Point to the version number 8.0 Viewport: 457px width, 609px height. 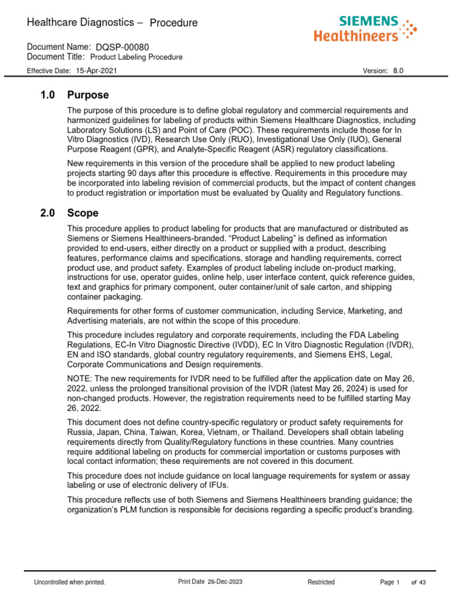tap(398, 70)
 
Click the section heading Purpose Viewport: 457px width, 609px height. tap(88, 95)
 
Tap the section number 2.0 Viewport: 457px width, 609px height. tap(46, 213)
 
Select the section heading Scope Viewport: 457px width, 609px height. tap(83, 213)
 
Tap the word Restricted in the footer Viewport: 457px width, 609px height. tap(321, 582)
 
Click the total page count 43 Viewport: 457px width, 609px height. tap(422, 582)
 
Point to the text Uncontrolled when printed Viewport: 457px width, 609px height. tap(70, 582)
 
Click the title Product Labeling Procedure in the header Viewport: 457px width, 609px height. tap(136, 57)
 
